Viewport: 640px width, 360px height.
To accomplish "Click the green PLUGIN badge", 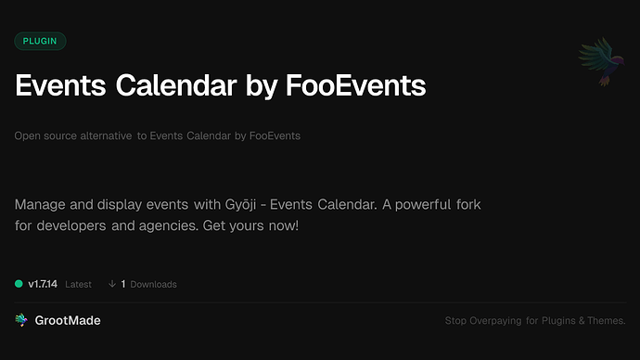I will coord(40,41).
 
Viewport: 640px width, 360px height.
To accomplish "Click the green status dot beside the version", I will coord(19,284).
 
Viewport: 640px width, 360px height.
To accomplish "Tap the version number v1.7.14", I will coord(43,284).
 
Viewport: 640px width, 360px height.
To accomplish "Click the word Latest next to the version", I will coord(78,284).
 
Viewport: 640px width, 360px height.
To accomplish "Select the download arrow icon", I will coord(112,284).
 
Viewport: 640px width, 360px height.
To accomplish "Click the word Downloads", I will coord(153,284).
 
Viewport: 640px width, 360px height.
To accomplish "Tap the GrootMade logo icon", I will coord(21,320).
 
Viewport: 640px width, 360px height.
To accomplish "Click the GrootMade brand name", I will coord(70,320).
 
